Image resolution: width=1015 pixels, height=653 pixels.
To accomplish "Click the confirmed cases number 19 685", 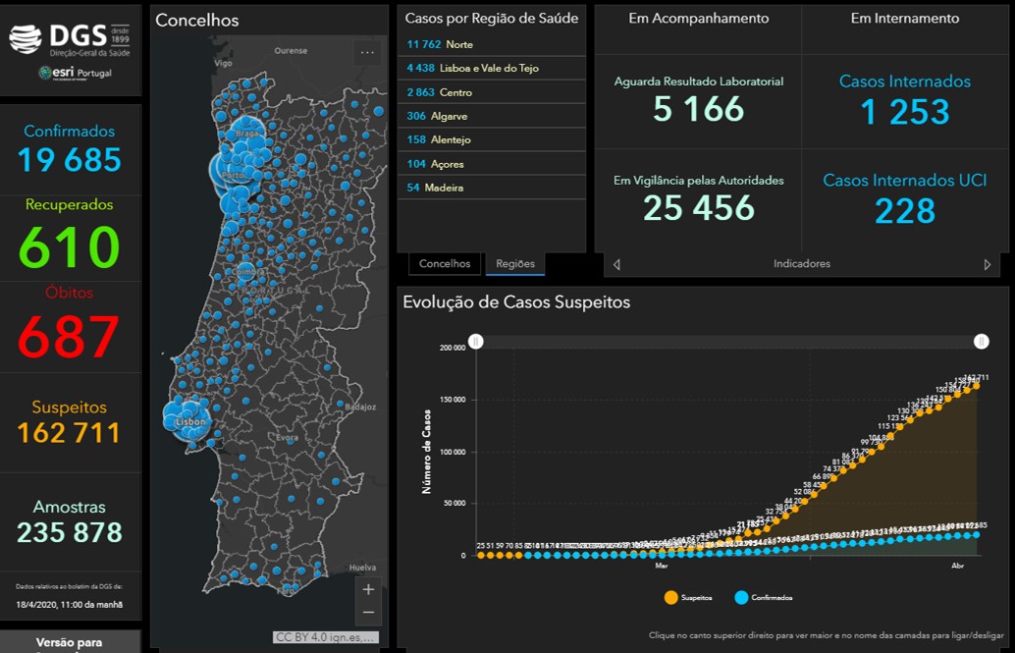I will (x=70, y=160).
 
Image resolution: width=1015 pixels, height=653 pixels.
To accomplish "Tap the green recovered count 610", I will (x=70, y=246).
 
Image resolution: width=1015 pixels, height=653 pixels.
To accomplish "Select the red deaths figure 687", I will (x=70, y=337).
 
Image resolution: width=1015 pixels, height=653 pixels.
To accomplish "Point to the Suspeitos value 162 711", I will (x=70, y=432).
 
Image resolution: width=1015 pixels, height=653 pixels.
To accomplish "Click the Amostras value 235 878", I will (x=70, y=532).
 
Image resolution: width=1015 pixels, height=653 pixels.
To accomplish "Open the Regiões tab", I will (x=515, y=263).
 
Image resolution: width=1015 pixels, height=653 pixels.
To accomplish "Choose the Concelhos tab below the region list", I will (x=445, y=263).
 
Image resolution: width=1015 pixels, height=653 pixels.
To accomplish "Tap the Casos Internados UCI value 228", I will (x=905, y=210).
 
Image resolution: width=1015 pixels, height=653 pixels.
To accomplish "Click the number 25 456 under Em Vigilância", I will (x=699, y=207).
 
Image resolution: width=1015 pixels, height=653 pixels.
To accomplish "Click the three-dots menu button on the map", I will (x=367, y=53).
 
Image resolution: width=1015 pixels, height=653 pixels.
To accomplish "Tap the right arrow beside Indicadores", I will (x=988, y=264).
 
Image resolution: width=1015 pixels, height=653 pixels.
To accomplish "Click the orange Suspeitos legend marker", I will (x=671, y=597).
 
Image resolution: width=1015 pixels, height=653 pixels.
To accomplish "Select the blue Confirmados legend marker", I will (x=741, y=597).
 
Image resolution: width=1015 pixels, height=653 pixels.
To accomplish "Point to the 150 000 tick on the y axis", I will (x=452, y=401).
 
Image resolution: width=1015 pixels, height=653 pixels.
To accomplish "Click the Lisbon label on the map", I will (x=190, y=421).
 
